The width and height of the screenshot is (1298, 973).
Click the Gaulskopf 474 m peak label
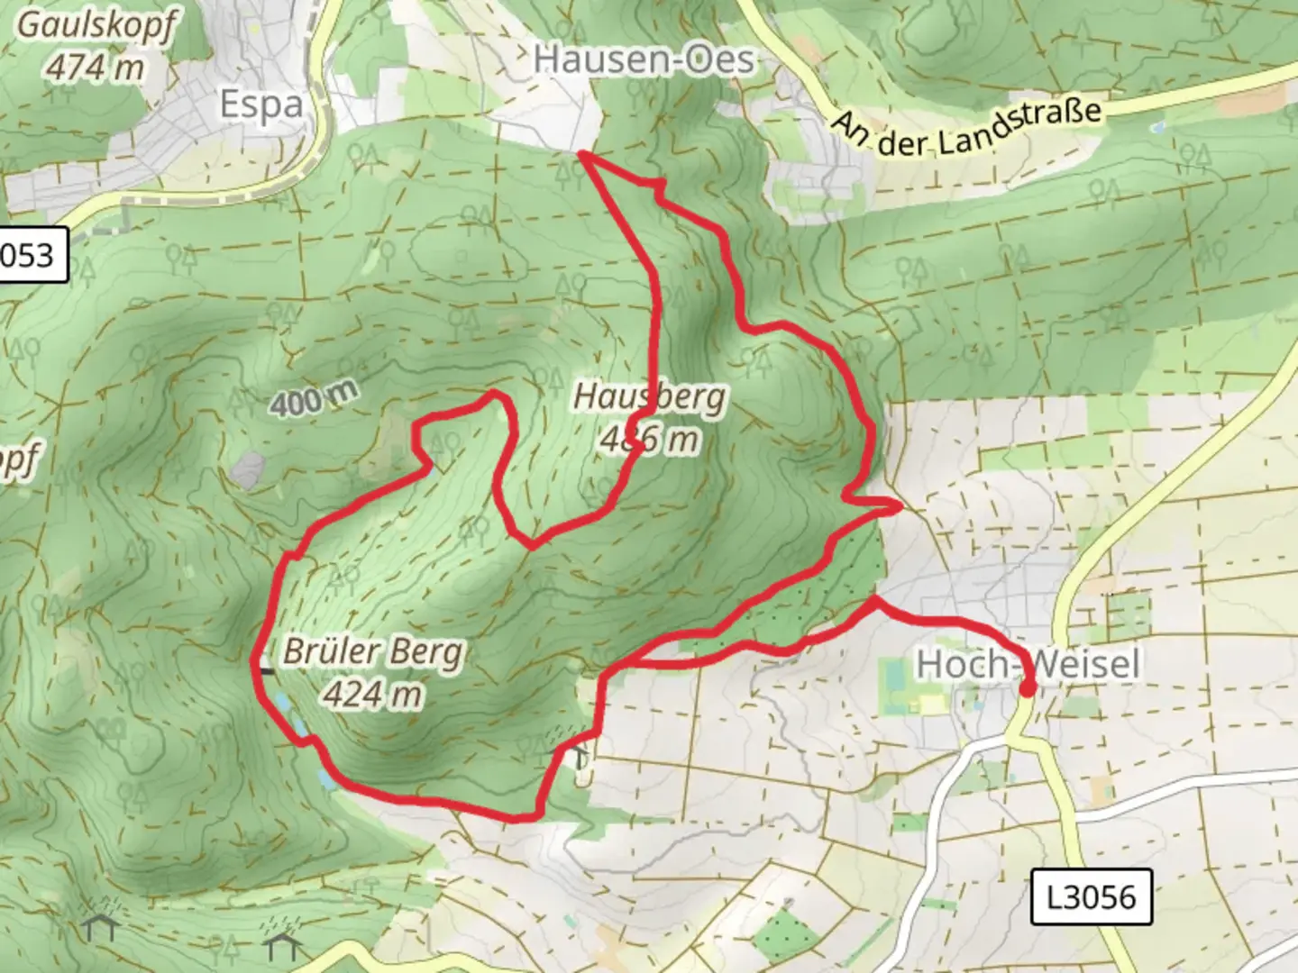96,45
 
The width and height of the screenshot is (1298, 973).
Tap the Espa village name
261,105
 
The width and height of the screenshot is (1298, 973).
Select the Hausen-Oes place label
644,59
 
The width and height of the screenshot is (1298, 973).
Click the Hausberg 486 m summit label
649,417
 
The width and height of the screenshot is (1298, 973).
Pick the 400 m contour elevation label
313,398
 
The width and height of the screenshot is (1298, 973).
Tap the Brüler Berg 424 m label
373,672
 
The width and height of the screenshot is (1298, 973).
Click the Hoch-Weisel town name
1028,664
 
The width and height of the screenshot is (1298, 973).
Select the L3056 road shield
1092,896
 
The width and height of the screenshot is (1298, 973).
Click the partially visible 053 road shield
31,256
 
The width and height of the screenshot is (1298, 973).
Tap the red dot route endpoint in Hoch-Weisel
1027,690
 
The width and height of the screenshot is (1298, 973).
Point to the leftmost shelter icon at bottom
99,925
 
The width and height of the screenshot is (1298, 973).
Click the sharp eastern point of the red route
899,507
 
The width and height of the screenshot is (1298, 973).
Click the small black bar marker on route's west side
268,671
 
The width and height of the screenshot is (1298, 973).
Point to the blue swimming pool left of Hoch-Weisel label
893,677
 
